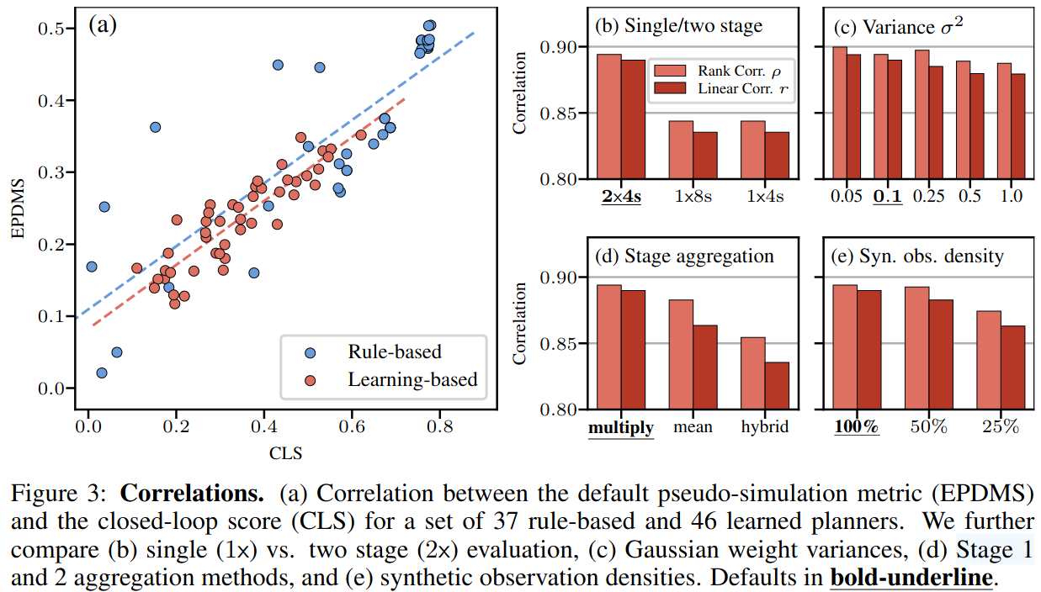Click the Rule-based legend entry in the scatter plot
393,351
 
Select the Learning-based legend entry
412,380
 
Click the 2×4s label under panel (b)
621,197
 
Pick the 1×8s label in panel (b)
693,197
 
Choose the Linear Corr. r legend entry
733,88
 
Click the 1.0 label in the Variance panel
1011,197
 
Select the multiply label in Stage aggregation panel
620,427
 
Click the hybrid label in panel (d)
765,427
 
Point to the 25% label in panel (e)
1001,427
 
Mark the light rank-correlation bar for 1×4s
753,150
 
